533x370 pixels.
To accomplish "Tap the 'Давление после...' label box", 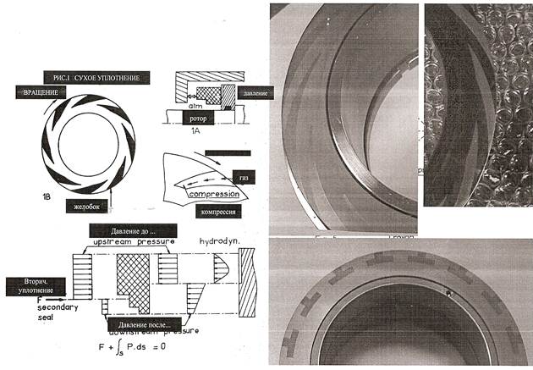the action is pos(142,323).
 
